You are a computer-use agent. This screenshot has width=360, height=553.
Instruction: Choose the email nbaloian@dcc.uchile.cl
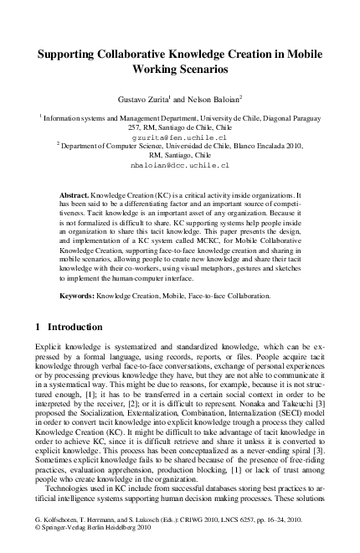tap(180, 166)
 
